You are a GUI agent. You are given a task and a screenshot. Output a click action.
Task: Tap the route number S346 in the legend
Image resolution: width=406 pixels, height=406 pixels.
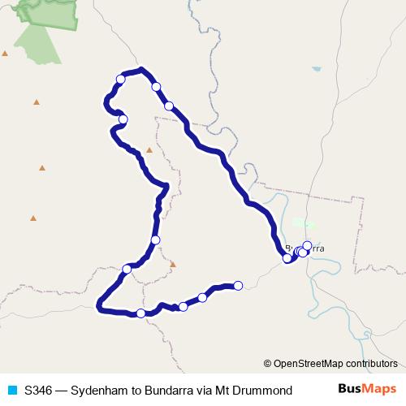(39, 390)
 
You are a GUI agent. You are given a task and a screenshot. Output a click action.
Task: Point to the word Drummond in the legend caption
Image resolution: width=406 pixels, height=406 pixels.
(264, 390)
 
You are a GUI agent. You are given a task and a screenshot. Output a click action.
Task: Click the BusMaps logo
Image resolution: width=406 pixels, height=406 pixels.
(367, 389)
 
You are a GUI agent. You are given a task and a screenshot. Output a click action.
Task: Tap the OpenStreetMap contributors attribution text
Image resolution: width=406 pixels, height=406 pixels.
(335, 364)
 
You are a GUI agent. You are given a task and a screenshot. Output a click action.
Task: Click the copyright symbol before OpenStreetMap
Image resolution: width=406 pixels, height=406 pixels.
(267, 364)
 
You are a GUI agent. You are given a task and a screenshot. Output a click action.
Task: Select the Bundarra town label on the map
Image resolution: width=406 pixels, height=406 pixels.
(304, 248)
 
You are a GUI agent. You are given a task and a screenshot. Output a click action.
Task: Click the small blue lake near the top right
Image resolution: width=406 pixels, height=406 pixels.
(316, 70)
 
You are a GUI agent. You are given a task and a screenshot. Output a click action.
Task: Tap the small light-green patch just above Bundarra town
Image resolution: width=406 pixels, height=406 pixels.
(303, 222)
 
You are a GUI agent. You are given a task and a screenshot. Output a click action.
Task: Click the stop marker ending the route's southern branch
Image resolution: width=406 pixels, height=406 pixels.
(238, 285)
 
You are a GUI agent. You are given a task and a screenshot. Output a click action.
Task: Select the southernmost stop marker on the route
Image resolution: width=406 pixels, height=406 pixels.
(141, 313)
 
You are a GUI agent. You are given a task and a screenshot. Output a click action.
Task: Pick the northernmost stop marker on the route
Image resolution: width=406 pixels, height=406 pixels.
(120, 79)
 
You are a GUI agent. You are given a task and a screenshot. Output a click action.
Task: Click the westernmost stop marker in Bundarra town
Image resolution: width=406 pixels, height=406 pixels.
(287, 258)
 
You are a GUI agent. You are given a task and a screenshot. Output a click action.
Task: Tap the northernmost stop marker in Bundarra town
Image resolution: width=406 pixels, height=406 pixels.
(307, 245)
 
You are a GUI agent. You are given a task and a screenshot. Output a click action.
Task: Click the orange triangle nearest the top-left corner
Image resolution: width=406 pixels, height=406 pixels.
(5, 54)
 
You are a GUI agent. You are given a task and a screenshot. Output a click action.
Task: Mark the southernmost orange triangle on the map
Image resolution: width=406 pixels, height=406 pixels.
(172, 264)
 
